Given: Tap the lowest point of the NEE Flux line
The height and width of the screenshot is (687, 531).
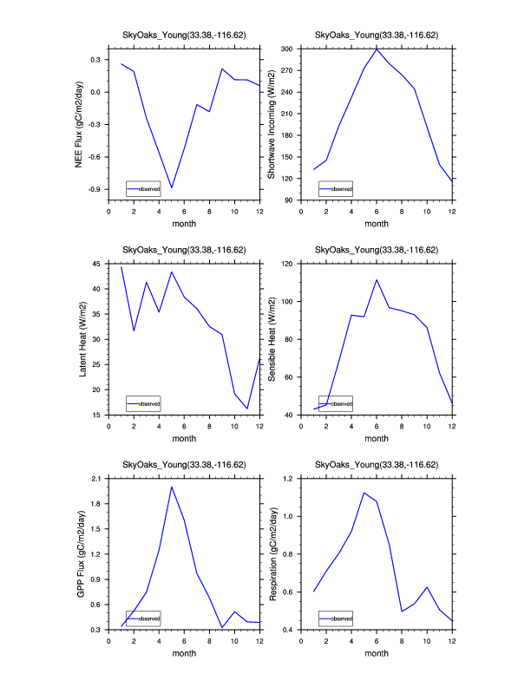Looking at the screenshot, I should click(172, 187).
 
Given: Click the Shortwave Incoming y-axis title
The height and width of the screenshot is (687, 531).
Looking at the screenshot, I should click(271, 124).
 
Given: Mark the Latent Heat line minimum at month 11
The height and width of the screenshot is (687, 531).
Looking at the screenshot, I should click(247, 409).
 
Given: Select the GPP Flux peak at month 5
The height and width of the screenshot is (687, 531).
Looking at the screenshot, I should click(172, 487).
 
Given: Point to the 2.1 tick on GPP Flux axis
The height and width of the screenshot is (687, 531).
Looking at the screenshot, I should click(95, 479).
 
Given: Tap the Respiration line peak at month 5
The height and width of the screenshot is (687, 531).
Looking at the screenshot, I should click(364, 493).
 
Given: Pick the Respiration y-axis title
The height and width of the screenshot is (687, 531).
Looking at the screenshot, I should click(271, 554).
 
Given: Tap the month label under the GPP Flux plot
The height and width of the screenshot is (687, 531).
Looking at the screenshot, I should click(184, 655).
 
